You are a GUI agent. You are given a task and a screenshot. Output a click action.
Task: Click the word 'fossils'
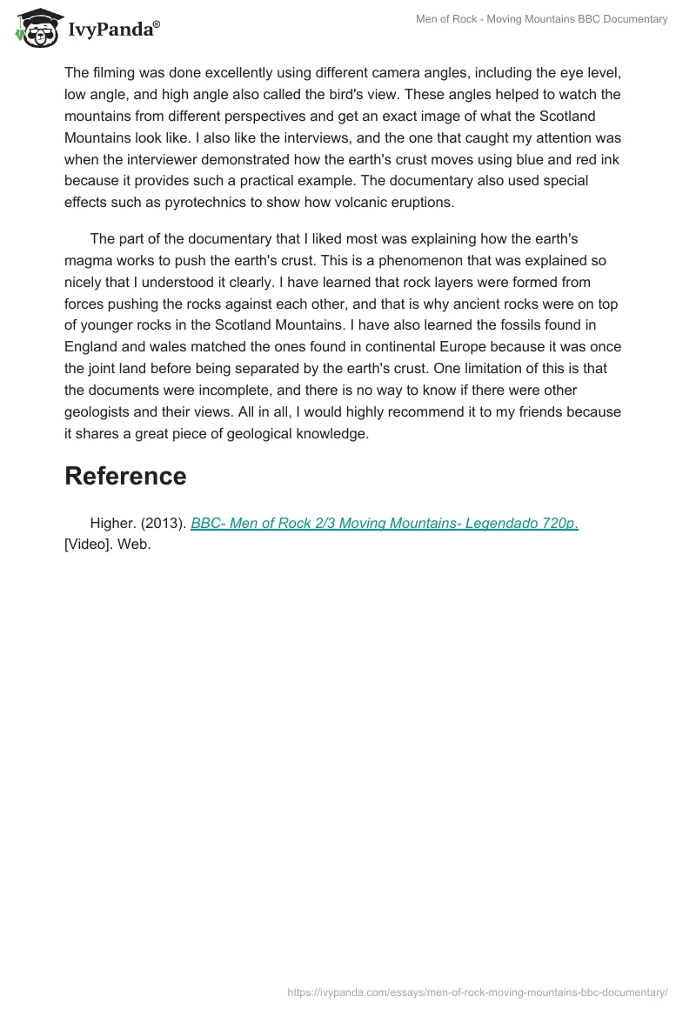[x=498, y=325]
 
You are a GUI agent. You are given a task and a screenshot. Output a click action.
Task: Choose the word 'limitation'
[x=482, y=369]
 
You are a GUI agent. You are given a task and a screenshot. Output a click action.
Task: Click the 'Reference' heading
[x=125, y=476]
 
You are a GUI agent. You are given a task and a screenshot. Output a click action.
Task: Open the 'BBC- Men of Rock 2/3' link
[x=384, y=523]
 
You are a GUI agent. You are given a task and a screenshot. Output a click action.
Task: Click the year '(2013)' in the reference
[x=163, y=523]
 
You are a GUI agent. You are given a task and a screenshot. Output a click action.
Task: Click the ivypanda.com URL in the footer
[x=477, y=992]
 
